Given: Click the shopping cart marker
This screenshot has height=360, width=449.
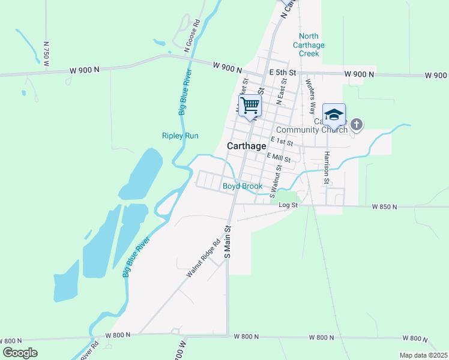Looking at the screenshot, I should tap(250, 106).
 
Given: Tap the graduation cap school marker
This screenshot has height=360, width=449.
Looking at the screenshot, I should tap(334, 114).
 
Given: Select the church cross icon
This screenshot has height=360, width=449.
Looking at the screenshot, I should tap(357, 125).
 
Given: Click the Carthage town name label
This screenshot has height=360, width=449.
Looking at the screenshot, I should tap(247, 146).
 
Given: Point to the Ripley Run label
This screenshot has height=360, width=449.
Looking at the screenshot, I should tap(180, 136).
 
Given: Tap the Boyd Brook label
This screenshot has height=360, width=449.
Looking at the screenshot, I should tap(243, 187).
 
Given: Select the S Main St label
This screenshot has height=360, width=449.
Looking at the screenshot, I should tap(228, 242).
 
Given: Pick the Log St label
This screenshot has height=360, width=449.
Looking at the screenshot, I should tap(288, 206).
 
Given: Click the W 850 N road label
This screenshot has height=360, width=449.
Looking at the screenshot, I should tap(385, 207).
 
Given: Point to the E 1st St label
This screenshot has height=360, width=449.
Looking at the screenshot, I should tap(282, 142).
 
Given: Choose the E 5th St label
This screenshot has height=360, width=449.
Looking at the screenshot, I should tap(283, 73).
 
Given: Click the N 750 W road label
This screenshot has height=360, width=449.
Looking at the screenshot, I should tap(46, 53).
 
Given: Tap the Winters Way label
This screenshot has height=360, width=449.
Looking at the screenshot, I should tap(310, 96).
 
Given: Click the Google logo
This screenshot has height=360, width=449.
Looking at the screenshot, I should tap(20, 353).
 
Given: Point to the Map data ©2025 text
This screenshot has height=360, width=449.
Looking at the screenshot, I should tap(423, 355).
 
